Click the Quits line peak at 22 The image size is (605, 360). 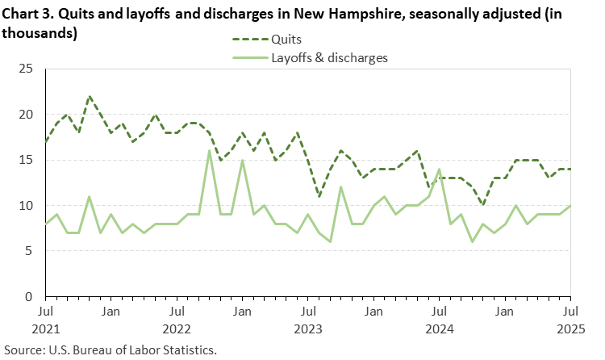pos(90,97)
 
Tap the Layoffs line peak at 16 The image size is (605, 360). pos(210,151)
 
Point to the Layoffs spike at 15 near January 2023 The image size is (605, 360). pos(242,161)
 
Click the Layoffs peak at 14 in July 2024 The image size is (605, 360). pos(438,170)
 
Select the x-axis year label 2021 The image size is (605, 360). pos(46,329)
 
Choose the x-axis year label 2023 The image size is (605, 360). pos(308,329)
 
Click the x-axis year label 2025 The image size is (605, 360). pos(570,329)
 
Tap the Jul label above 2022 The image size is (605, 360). pos(177,311)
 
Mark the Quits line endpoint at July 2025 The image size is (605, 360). pos(570,170)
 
